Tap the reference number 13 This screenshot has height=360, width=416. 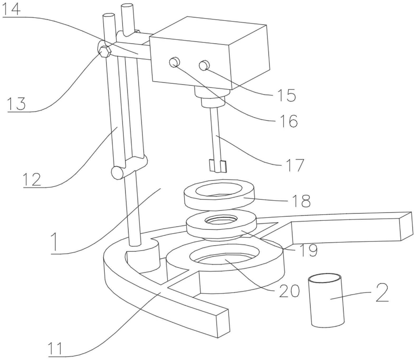click(x=16, y=103)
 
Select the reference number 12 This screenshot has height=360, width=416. click(x=32, y=179)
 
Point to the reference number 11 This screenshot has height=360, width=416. click(x=55, y=349)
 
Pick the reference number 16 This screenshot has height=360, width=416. click(x=289, y=121)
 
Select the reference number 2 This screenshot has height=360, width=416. click(x=382, y=293)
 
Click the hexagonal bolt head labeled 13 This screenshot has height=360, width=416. click(x=105, y=51)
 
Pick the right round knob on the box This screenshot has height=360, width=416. click(x=204, y=65)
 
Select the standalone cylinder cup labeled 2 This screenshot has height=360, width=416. click(x=327, y=301)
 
